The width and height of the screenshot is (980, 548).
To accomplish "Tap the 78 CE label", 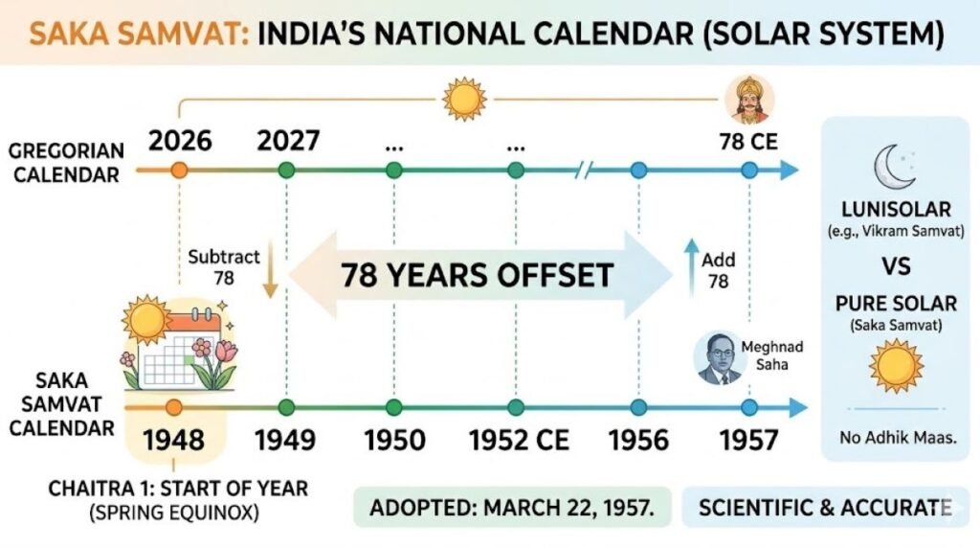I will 748,143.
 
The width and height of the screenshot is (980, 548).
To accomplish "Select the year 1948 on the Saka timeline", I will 175,440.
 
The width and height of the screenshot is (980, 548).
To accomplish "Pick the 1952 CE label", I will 519,440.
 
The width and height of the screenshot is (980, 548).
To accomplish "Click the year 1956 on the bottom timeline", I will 639,440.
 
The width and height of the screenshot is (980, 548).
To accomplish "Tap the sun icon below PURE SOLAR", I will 895,364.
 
